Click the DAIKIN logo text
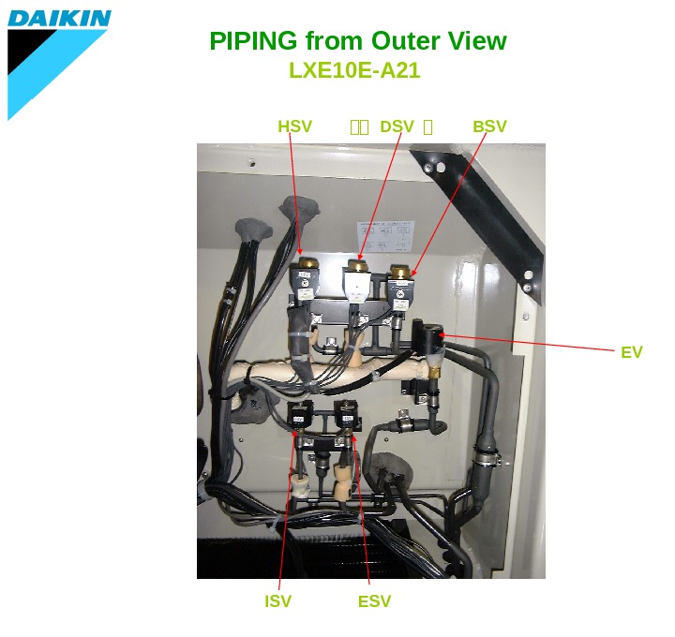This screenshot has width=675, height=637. (x=59, y=17)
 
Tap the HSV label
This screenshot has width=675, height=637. (x=294, y=126)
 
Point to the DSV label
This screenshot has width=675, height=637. (x=397, y=126)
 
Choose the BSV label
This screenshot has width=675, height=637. (x=489, y=126)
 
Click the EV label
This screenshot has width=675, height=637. (x=632, y=352)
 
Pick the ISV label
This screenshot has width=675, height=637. (x=277, y=601)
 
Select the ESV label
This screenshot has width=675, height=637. (x=374, y=601)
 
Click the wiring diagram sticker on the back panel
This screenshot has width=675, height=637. (x=384, y=235)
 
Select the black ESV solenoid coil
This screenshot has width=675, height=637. (x=347, y=415)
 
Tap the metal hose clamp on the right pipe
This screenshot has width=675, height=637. (x=487, y=458)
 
